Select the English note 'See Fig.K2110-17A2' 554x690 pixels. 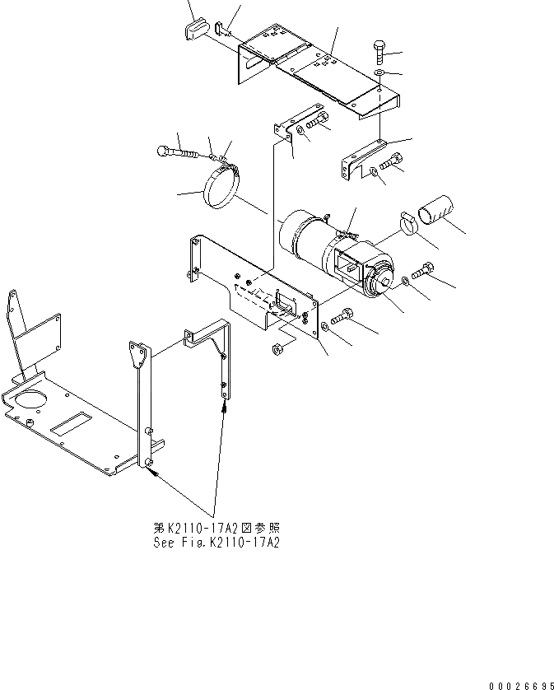[x=216, y=543]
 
